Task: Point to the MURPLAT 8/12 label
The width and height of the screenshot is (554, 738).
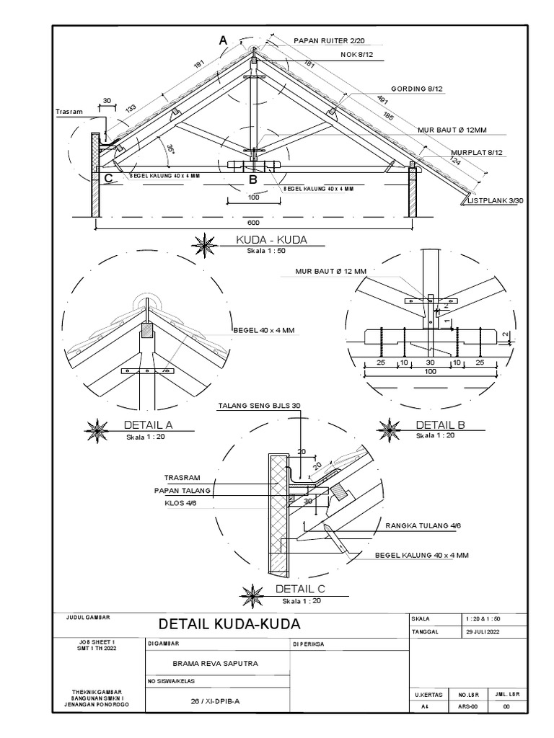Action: [476, 153]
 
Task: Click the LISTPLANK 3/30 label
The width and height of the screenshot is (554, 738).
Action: [496, 202]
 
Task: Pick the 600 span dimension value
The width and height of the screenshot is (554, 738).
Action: [252, 223]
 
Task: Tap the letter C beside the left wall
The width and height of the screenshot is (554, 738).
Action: [108, 177]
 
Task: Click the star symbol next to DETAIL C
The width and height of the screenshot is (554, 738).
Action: [254, 593]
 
